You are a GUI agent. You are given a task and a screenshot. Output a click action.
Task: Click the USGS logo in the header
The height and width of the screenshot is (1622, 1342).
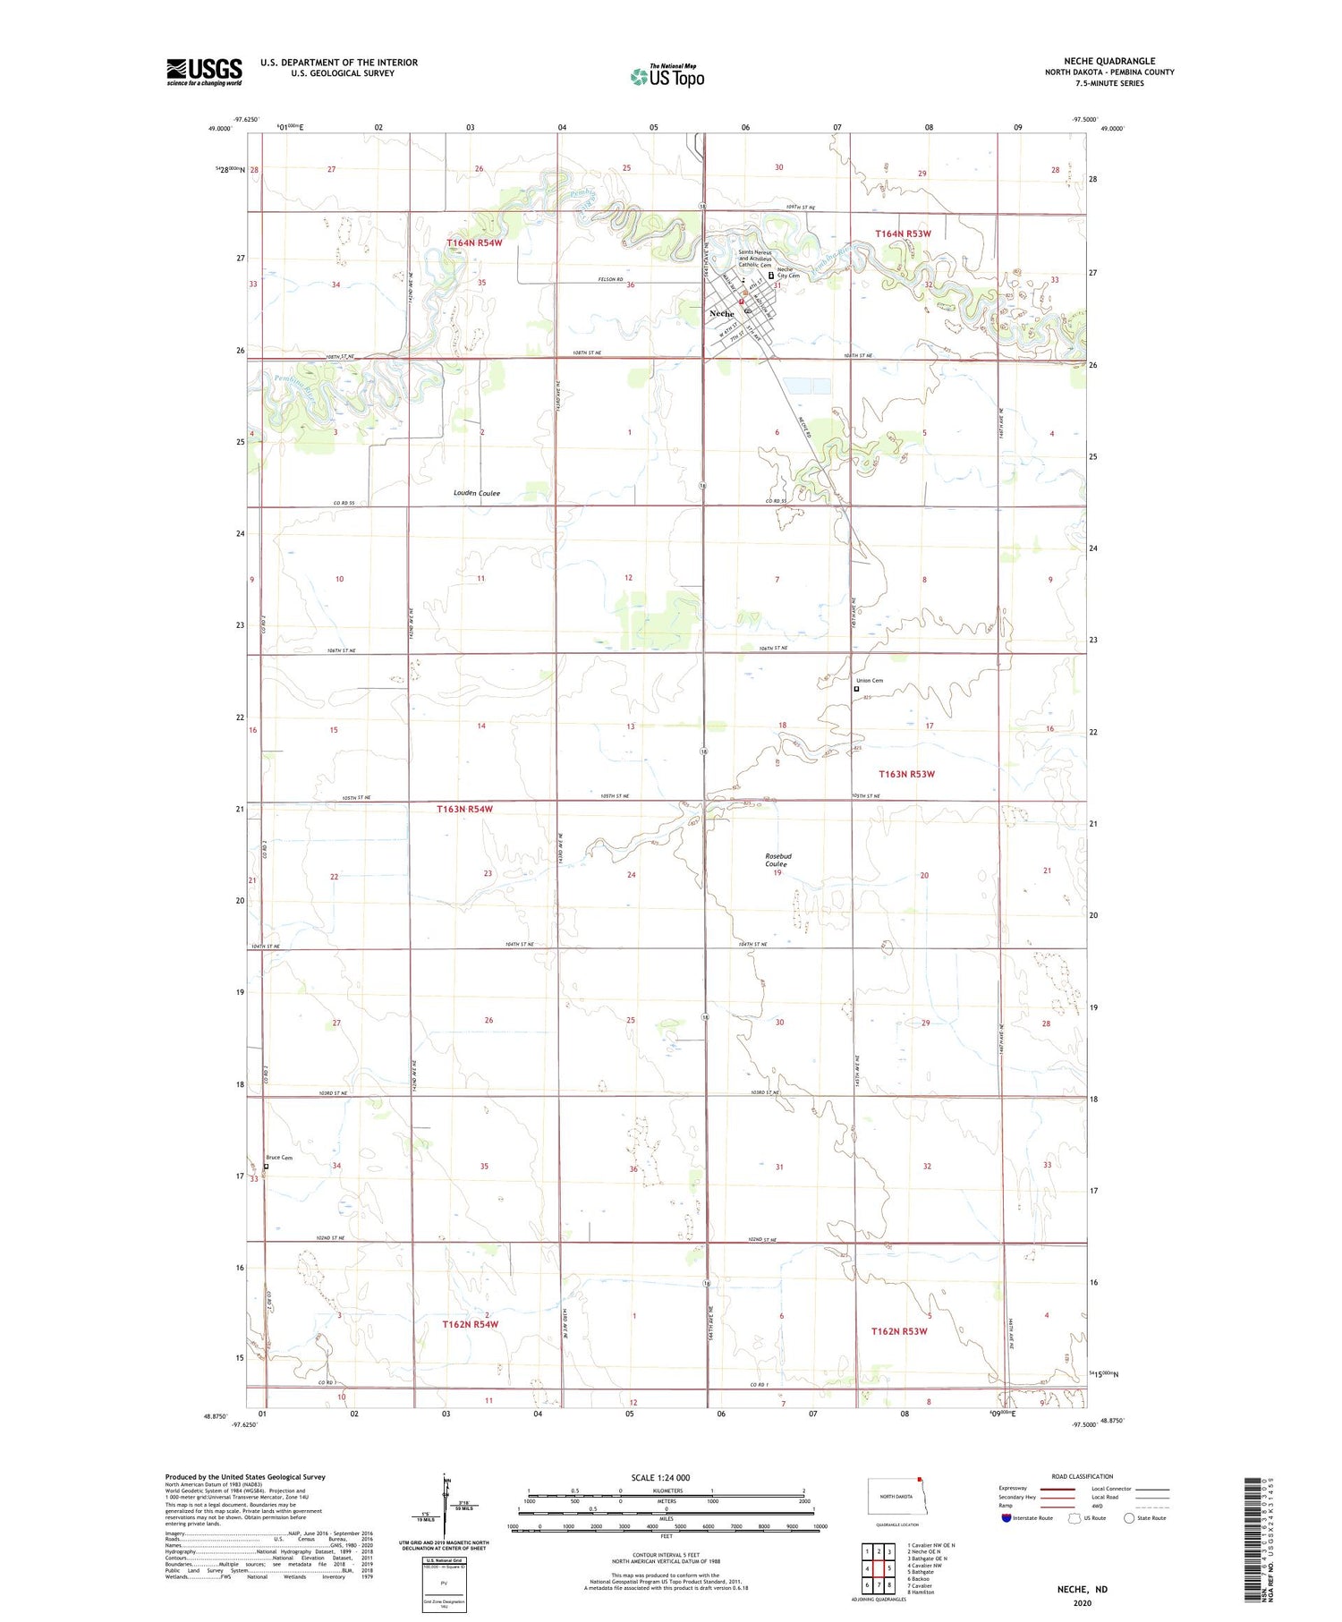tap(204, 72)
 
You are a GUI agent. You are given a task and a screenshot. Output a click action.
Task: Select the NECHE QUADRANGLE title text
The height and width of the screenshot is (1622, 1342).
tap(1109, 61)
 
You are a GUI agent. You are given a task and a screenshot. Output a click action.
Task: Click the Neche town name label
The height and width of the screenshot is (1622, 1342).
tap(721, 314)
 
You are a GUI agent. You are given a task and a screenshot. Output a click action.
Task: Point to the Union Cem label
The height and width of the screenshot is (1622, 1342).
tap(871, 681)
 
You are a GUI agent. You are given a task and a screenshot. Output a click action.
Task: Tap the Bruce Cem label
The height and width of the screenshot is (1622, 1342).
tap(279, 1158)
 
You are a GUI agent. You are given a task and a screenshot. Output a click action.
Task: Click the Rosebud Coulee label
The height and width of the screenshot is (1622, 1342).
tap(777, 860)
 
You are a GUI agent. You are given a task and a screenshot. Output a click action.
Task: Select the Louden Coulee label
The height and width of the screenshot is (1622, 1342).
tap(477, 493)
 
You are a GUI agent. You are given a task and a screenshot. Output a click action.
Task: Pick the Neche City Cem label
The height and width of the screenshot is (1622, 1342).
tap(788, 273)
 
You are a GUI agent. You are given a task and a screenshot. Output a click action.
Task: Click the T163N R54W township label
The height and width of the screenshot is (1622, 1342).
tap(464, 809)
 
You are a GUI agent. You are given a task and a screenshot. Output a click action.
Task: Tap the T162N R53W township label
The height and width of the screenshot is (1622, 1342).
tap(899, 1331)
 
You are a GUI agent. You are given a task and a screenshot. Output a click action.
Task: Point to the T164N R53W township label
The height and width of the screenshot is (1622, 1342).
tap(903, 234)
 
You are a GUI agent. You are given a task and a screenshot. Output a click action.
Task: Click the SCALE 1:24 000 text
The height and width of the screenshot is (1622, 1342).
tap(660, 1477)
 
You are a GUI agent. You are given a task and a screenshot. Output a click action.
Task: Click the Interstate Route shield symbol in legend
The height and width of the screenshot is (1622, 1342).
tap(1007, 1517)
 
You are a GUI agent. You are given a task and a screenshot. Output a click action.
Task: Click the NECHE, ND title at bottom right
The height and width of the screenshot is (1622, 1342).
tap(1082, 1589)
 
